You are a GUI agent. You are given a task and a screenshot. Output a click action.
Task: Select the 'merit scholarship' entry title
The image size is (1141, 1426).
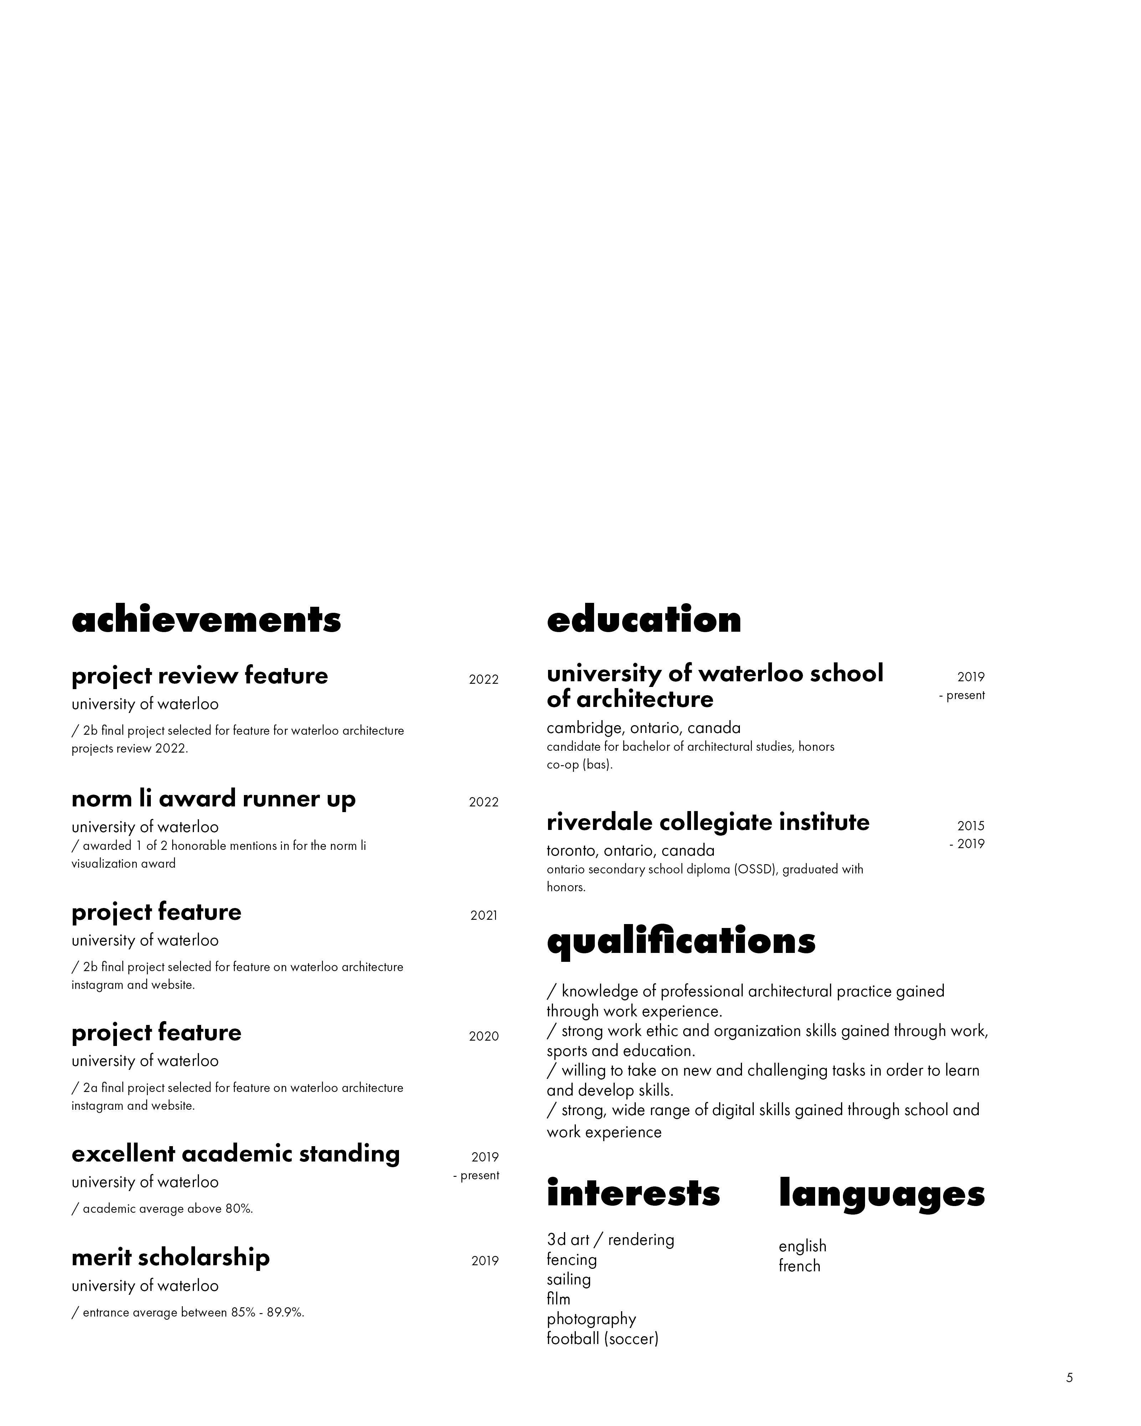[171, 1257]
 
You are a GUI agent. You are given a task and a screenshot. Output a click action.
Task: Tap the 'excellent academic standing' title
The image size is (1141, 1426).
[235, 1154]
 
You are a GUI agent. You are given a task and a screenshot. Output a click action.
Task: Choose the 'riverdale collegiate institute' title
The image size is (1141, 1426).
[708, 822]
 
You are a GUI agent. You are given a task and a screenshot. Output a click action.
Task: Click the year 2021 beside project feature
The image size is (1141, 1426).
[483, 915]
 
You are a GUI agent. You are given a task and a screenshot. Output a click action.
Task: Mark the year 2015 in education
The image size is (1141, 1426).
[970, 825]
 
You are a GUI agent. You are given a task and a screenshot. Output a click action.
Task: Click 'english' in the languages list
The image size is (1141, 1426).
[802, 1246]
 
